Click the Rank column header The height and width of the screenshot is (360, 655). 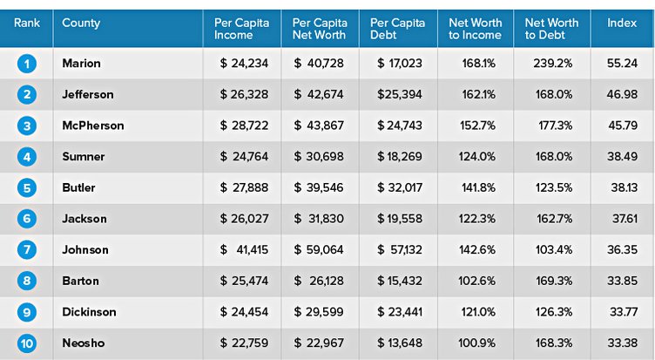(26, 23)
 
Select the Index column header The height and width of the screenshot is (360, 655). (622, 23)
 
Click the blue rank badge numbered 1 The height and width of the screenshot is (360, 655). (26, 63)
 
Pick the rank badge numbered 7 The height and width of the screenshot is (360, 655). (26, 250)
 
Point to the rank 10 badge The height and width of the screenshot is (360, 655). (26, 343)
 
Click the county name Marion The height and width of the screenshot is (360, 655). (82, 63)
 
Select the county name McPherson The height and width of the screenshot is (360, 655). (92, 126)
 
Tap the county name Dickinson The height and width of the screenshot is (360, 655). (89, 312)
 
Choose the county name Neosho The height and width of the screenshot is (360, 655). (84, 343)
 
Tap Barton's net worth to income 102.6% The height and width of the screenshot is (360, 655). (478, 282)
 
